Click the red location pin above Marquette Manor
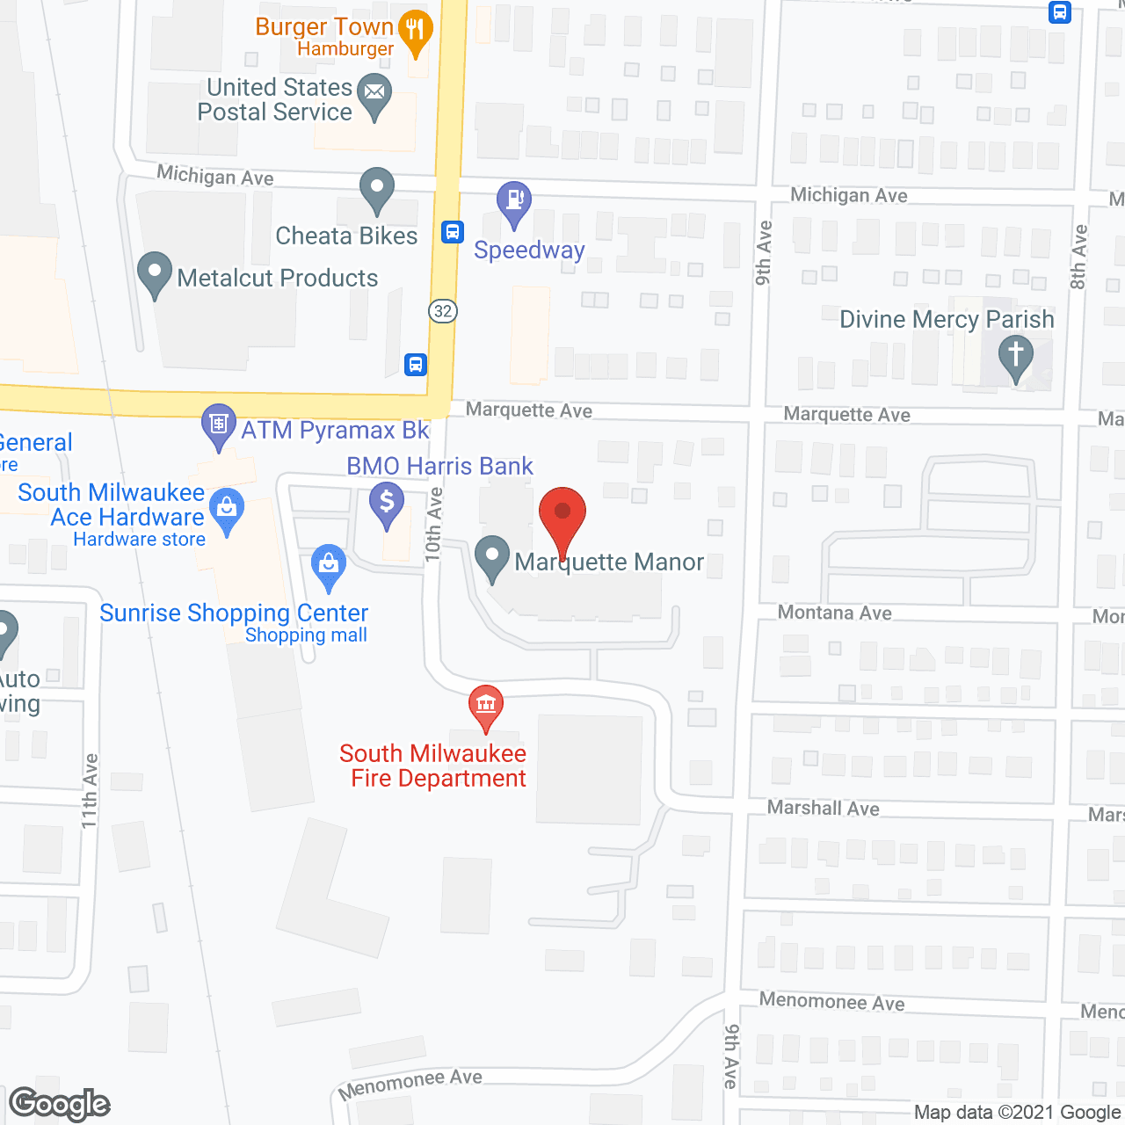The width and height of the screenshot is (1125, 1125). coord(562,514)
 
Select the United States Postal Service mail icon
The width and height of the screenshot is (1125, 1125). coord(376,93)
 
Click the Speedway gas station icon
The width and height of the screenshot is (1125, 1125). coord(514,202)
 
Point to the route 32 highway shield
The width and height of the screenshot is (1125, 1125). coord(443,311)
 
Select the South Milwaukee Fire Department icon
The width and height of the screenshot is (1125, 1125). coord(485,705)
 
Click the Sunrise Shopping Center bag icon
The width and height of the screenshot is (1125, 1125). coord(329,564)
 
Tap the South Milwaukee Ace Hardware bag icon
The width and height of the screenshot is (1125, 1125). coord(228,508)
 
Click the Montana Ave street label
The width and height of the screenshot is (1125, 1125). coord(835,613)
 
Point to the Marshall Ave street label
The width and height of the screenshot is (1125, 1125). coord(823,808)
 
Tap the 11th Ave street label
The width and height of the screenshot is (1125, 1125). coord(90,790)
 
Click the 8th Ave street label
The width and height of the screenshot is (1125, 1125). coord(1079,257)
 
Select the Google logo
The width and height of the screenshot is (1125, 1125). coord(60,1104)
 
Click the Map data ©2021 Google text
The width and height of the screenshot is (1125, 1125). coord(1018,1113)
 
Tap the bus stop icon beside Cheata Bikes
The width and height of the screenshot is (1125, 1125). coord(453,232)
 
